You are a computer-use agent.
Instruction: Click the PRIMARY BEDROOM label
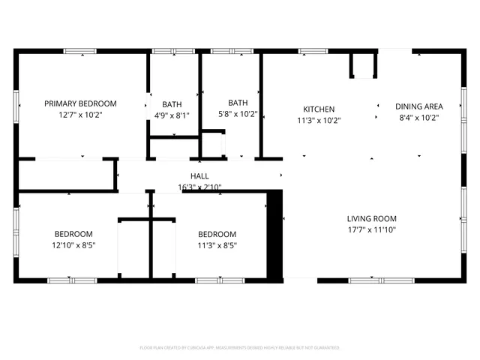(80, 103)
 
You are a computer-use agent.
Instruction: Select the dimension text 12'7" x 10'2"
(80, 115)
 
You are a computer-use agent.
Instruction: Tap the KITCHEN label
(319, 109)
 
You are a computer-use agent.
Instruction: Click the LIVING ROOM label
(371, 219)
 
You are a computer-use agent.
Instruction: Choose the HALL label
(199, 176)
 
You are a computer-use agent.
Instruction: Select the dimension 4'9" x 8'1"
(172, 115)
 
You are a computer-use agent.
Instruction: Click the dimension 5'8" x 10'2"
(238, 114)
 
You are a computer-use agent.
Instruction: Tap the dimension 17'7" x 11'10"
(371, 230)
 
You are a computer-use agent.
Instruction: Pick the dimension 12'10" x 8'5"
(73, 244)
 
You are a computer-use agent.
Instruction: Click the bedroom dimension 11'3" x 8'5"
(217, 244)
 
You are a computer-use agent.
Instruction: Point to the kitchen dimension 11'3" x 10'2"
(319, 120)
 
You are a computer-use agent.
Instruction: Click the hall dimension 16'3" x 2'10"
(199, 187)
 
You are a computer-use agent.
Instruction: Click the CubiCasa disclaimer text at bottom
(240, 348)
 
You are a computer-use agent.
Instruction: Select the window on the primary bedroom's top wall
(79, 51)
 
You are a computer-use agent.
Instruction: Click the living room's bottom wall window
(371, 280)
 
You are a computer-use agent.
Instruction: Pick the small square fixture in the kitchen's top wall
(363, 65)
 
